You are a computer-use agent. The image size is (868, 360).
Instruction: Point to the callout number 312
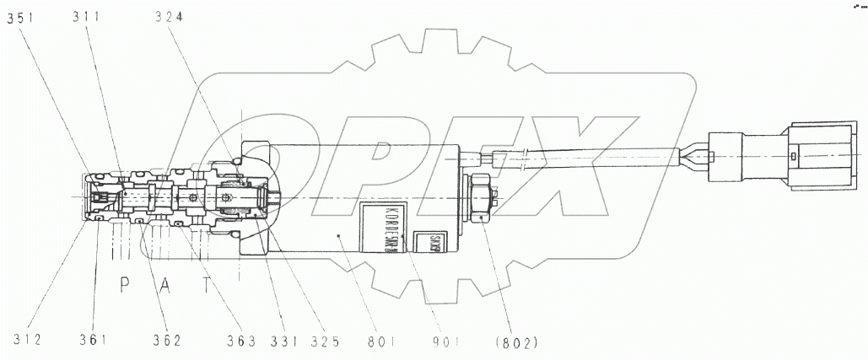[27, 341]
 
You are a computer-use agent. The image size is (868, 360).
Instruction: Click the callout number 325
[324, 342]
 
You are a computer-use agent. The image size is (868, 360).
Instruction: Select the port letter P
[125, 284]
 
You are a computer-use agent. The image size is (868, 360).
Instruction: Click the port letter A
[166, 284]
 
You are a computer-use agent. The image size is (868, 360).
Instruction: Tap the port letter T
[207, 284]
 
